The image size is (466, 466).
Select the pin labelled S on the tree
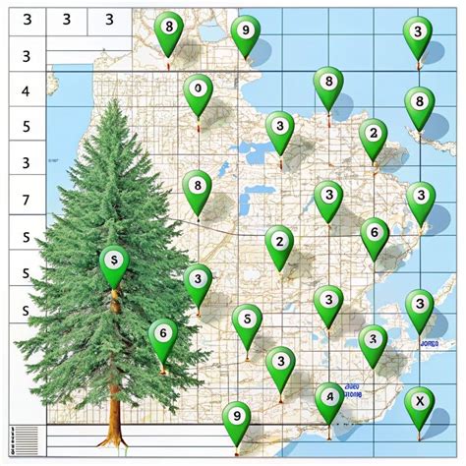(x=114, y=262)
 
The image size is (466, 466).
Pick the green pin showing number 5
(x=247, y=320)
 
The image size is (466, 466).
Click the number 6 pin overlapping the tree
(x=163, y=335)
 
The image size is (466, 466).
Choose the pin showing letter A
(x=330, y=399)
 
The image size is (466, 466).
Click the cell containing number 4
(x=26, y=92)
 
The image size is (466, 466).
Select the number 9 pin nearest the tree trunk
(x=235, y=417)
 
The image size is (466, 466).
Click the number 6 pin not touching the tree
(x=374, y=234)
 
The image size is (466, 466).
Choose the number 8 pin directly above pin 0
(x=171, y=29)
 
